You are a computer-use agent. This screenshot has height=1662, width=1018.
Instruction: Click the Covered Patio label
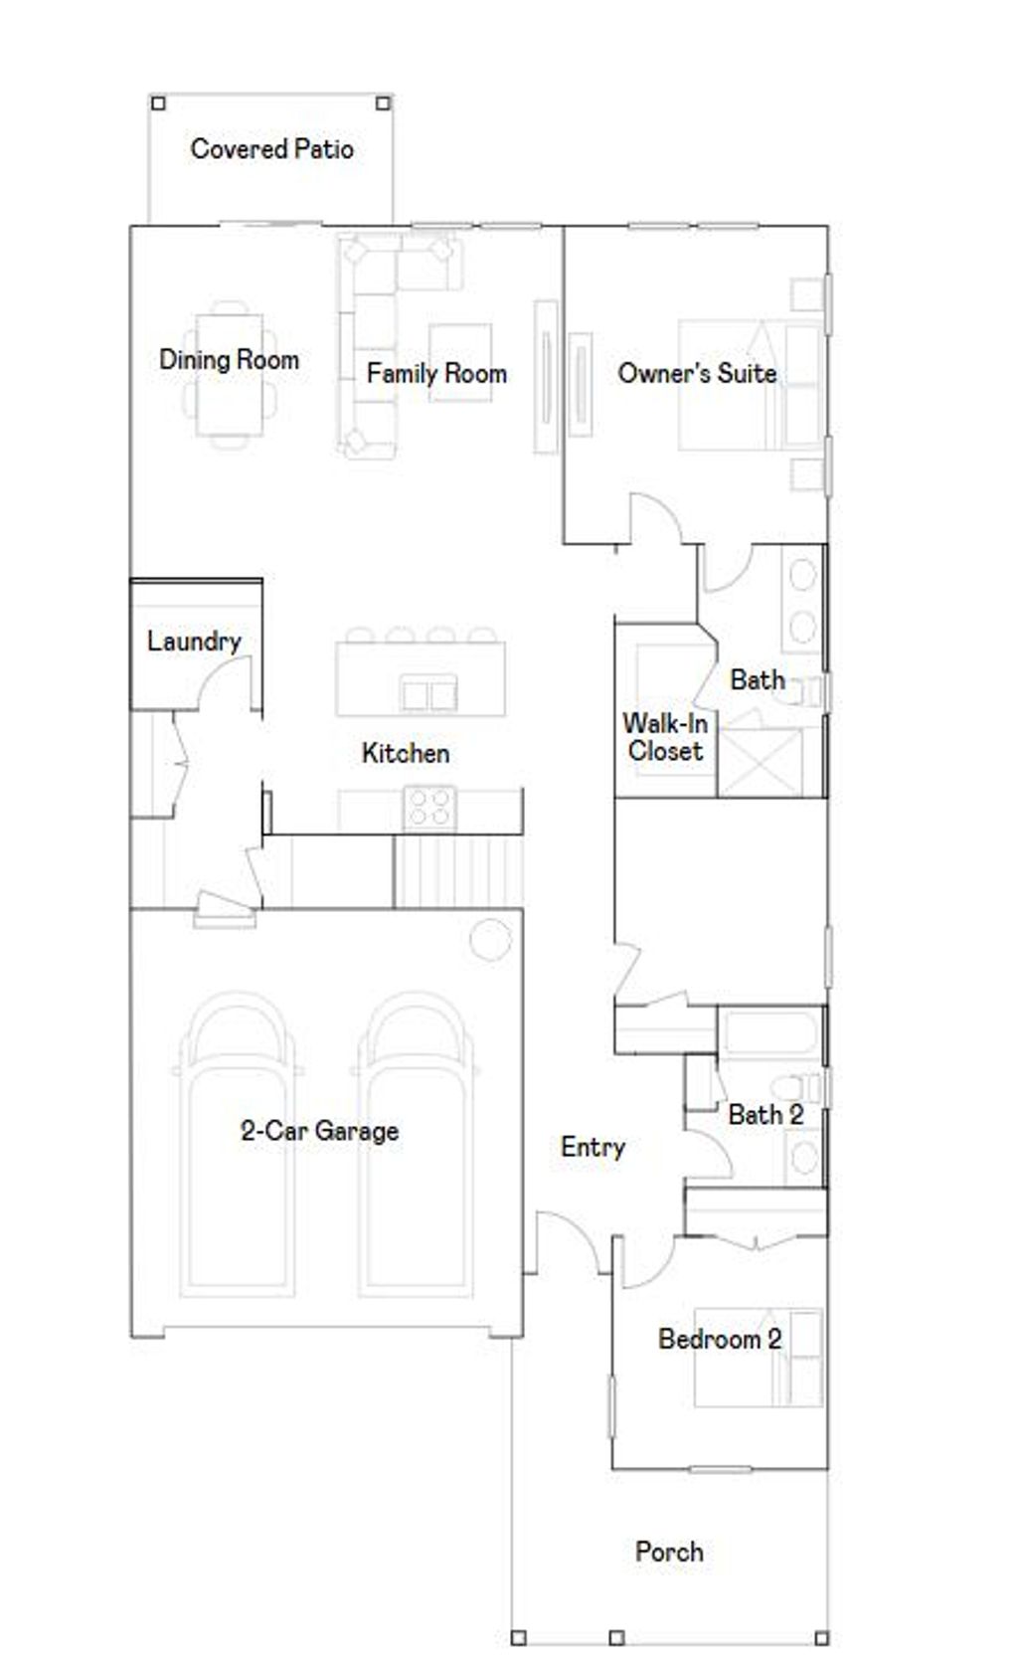tap(271, 149)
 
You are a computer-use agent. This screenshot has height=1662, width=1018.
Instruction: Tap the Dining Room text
tap(229, 360)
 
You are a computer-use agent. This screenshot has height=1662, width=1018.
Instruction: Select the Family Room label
tap(436, 374)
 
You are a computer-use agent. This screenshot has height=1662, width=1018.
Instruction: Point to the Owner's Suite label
tap(697, 374)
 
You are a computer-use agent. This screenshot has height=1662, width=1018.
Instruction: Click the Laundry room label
tap(194, 642)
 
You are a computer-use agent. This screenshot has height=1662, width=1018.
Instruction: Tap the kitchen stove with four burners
tap(430, 807)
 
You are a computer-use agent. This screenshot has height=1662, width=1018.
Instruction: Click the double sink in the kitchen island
tap(429, 693)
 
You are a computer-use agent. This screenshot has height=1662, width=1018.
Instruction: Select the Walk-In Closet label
tap(665, 737)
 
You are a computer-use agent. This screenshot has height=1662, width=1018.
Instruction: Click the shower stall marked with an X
tap(761, 763)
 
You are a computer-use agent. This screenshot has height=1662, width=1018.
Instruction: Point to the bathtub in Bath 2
tap(770, 1033)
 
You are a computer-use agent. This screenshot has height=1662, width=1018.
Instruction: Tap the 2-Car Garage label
tap(319, 1131)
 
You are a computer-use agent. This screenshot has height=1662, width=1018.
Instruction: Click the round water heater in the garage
tap(490, 939)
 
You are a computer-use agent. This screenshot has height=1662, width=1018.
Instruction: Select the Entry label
tap(593, 1148)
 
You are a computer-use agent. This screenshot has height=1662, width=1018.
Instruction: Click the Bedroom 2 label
tap(720, 1340)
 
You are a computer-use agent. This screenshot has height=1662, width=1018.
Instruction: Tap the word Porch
tap(669, 1552)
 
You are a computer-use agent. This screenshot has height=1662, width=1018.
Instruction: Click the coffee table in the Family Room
tap(460, 362)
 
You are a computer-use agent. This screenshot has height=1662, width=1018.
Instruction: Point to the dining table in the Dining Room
tap(230, 375)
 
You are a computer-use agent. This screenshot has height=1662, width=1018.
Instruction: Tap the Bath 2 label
tap(765, 1115)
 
